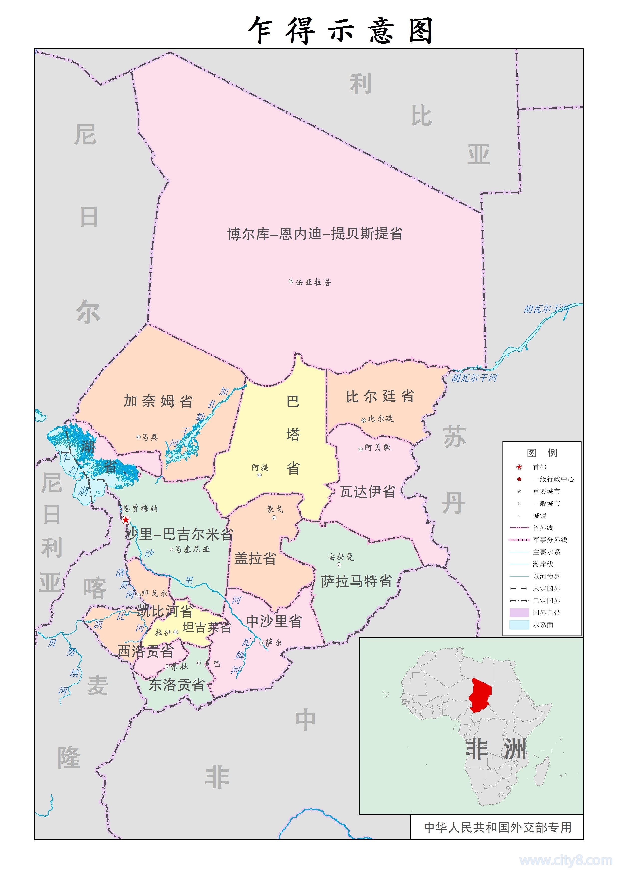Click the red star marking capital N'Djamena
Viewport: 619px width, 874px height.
click(x=126, y=520)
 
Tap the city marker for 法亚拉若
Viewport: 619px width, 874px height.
click(x=291, y=281)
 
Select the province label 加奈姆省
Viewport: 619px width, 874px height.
click(x=158, y=401)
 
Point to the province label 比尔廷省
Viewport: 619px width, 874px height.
click(x=380, y=396)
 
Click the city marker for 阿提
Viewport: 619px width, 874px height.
click(x=259, y=475)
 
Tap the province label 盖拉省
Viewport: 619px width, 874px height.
click(x=255, y=559)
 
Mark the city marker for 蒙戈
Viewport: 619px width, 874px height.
click(x=274, y=517)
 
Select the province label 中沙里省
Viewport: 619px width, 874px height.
click(x=274, y=621)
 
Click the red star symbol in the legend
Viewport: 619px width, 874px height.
click(x=519, y=467)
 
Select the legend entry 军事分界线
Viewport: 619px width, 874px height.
click(x=550, y=540)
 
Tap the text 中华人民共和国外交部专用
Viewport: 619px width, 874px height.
click(x=497, y=827)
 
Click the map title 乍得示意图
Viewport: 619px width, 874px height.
click(x=340, y=30)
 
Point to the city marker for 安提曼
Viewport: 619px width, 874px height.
click(x=339, y=564)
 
